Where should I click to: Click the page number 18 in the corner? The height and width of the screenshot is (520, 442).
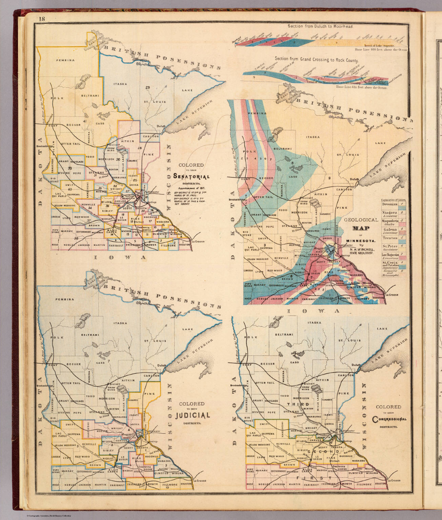[42, 19]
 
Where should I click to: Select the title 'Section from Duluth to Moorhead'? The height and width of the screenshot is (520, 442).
[321, 26]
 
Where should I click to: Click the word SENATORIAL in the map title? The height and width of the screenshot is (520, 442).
[191, 176]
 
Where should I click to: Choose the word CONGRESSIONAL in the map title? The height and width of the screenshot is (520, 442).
[389, 419]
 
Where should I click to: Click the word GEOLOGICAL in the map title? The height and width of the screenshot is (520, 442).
[361, 220]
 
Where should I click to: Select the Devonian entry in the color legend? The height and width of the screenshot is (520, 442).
[390, 204]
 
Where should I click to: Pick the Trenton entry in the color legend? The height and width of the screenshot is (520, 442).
[390, 238]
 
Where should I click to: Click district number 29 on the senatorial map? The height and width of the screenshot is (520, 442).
[147, 88]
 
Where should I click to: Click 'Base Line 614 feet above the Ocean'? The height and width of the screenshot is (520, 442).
[361, 88]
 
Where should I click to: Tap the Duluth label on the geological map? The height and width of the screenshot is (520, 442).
[354, 179]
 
